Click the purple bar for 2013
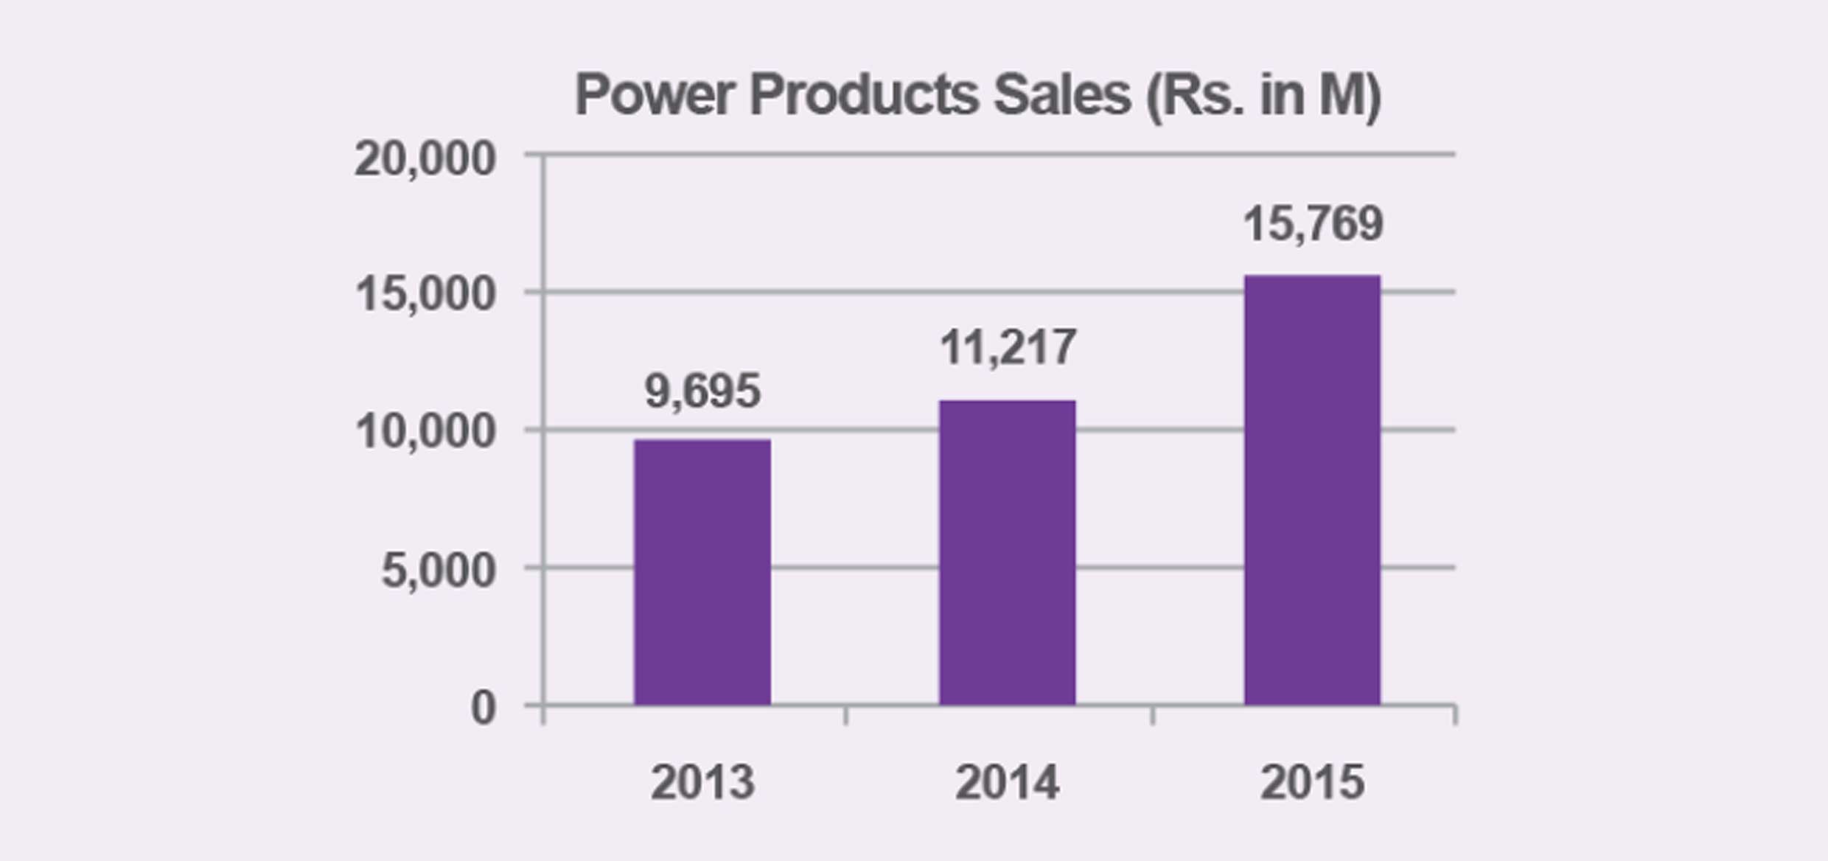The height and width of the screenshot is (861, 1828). [x=702, y=572]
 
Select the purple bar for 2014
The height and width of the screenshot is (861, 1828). [x=1007, y=553]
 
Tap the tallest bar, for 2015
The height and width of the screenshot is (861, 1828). [x=1312, y=490]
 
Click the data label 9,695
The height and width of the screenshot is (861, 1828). [x=702, y=391]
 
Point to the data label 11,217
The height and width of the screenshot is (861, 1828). [x=1008, y=347]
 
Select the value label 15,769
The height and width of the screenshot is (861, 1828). [x=1313, y=223]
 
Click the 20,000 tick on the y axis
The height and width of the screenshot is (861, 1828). [x=425, y=158]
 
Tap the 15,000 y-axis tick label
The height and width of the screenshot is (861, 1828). [x=425, y=294]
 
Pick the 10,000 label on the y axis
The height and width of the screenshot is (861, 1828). [x=425, y=431]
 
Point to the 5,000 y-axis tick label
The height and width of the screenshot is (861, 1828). [x=438, y=570]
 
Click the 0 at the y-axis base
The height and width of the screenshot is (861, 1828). [x=483, y=708]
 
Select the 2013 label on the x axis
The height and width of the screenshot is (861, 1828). [x=702, y=782]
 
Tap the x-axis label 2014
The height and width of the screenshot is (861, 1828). [x=1008, y=782]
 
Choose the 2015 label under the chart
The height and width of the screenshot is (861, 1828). [x=1312, y=782]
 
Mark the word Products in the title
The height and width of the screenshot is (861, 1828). [x=863, y=95]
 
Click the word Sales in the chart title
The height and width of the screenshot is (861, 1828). [x=1061, y=95]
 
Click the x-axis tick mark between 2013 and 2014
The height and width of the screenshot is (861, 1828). [x=845, y=716]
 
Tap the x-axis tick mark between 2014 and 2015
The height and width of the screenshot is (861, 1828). [x=1153, y=716]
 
